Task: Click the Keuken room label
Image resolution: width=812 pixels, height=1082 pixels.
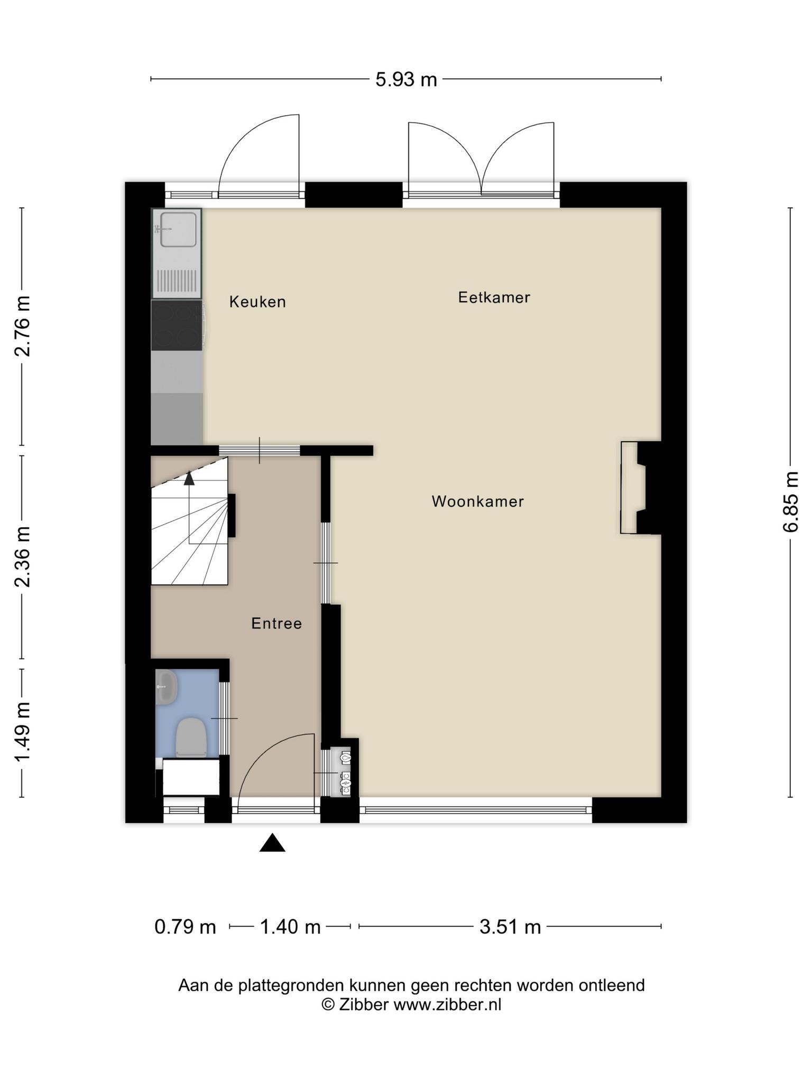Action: coord(257,302)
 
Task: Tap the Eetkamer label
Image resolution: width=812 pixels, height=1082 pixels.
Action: coord(494,297)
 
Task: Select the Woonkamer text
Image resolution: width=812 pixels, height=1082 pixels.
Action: coord(477,501)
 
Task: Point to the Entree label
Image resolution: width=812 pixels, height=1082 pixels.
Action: coord(276,623)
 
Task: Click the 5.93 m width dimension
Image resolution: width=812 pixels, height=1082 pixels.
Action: coord(406,79)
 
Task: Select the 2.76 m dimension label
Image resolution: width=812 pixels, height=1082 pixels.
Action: coord(22,326)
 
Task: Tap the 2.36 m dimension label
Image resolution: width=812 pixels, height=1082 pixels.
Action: coord(22,557)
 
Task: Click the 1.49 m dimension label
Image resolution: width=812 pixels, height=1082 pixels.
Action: coord(22,732)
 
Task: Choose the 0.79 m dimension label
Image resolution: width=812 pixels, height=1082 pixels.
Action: coord(185,927)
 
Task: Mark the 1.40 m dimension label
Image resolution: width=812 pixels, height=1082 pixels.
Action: coord(290,927)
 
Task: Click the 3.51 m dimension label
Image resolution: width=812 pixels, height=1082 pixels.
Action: coord(510,927)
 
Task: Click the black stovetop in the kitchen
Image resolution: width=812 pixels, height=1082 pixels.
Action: coord(177,325)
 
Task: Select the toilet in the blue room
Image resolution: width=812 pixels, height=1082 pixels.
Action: coord(191,736)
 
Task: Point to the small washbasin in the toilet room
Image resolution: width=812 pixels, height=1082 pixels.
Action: coord(167,686)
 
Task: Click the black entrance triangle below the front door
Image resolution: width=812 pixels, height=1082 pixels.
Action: coord(272,843)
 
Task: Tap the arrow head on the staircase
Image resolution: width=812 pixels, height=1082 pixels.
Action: coord(189,478)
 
